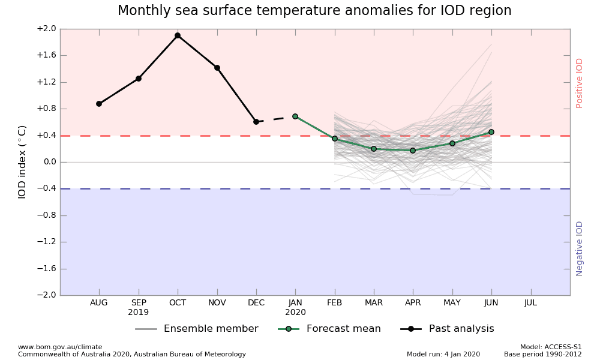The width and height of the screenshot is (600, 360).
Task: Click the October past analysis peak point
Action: click(x=178, y=35)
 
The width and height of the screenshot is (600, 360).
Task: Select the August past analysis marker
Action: click(x=99, y=104)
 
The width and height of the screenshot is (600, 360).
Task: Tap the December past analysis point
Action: click(x=256, y=122)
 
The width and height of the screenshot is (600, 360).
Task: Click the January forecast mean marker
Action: click(x=295, y=116)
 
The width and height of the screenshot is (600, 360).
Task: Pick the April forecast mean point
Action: click(x=413, y=151)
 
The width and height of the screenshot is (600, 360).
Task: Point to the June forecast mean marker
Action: click(x=491, y=132)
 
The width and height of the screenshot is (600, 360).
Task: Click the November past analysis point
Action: click(x=217, y=68)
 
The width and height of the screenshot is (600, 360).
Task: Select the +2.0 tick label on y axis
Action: click(x=46, y=29)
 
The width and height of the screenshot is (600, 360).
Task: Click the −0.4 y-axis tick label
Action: click(x=46, y=188)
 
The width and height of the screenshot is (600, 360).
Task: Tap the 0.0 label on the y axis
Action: click(x=49, y=162)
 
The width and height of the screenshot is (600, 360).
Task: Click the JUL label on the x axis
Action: click(x=530, y=303)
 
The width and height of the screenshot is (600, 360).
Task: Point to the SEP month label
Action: click(x=139, y=303)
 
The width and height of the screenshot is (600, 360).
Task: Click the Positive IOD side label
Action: click(x=580, y=83)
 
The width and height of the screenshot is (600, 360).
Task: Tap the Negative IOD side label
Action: click(x=580, y=248)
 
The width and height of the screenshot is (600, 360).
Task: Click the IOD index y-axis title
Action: click(x=22, y=162)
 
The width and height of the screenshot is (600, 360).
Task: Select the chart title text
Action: click(x=314, y=11)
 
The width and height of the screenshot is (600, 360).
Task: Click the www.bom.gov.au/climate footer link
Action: click(x=60, y=347)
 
